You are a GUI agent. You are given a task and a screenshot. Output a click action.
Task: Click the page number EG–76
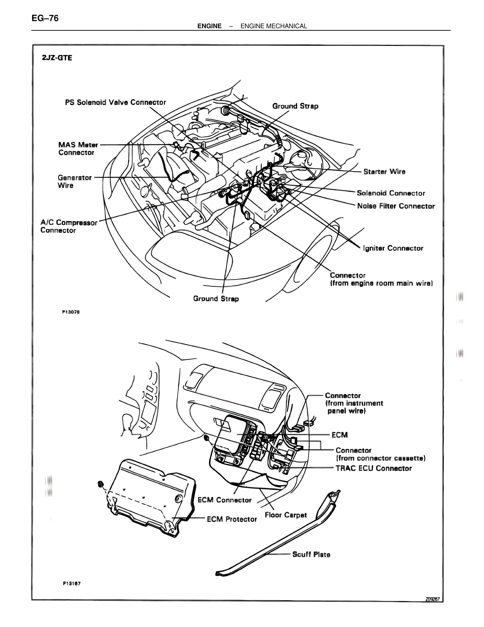click(45, 18)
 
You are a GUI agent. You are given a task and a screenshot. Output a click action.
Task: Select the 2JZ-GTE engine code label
click(57, 58)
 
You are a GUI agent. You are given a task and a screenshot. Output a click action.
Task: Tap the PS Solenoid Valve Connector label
click(116, 103)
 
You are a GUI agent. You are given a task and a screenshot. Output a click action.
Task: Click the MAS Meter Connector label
click(78, 148)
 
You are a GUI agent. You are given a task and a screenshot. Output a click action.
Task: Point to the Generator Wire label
click(74, 181)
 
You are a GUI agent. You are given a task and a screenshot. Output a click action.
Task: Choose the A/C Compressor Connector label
click(69, 226)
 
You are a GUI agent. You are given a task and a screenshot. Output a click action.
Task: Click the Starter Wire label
click(384, 172)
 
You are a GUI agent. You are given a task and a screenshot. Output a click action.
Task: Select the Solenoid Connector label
click(391, 193)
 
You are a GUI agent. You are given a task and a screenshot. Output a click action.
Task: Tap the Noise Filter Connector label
click(396, 206)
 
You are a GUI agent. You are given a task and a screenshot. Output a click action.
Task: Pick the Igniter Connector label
click(393, 248)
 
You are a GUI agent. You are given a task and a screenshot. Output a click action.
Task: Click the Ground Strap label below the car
click(216, 299)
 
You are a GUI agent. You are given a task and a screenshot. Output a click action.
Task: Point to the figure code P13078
click(71, 312)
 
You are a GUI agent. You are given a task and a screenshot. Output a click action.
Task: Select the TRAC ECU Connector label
click(374, 468)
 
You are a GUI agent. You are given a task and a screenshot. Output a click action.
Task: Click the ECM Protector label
click(232, 519)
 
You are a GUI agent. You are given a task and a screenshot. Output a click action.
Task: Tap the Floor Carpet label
click(286, 515)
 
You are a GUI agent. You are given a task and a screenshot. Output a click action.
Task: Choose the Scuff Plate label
click(311, 555)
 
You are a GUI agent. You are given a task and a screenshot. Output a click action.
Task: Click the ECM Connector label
click(225, 500)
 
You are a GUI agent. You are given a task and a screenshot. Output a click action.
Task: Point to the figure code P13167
click(71, 583)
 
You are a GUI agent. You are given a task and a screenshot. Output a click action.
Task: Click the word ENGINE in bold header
click(209, 26)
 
